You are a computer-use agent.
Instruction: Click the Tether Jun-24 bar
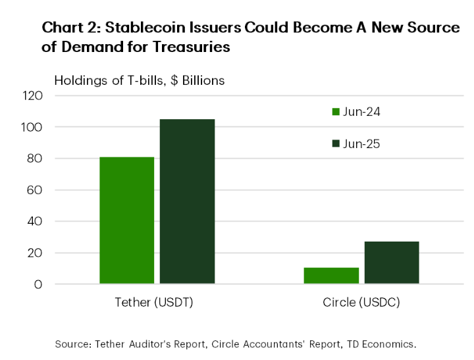127,220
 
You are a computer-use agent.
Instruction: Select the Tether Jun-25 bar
187,201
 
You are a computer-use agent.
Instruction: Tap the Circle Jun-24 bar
331,276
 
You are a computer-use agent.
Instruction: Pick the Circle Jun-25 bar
391,263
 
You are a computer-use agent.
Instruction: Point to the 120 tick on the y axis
32,95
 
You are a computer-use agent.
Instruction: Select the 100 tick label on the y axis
32,127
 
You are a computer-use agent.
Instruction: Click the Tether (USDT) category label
157,303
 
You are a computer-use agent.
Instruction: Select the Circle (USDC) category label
361,303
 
